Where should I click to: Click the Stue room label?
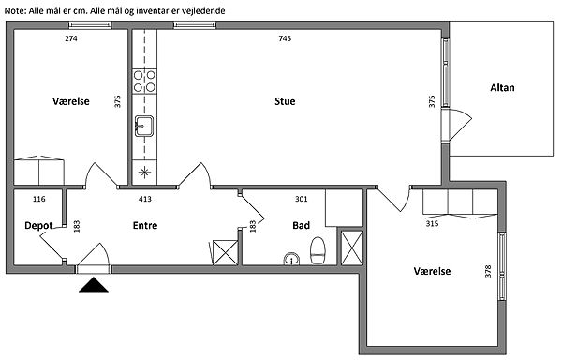click(285, 101)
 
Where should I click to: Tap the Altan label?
click(502, 88)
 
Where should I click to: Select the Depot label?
click(38, 226)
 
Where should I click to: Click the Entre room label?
click(145, 226)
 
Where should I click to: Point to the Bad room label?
click(301, 226)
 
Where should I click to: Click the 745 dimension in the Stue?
click(285, 38)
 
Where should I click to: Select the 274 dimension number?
click(71, 38)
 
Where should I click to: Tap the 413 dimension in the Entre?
click(145, 199)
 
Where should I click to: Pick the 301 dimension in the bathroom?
click(301, 199)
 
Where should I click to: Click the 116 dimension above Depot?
click(38, 199)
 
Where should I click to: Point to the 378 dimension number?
click(488, 271)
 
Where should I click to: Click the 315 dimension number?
click(432, 224)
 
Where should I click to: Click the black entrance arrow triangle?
click(94, 285)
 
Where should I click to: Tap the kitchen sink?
click(144, 126)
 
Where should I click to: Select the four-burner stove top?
click(144, 81)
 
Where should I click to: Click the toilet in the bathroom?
click(318, 250)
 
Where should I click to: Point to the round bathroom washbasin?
click(291, 260)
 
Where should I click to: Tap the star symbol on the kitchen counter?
click(144, 172)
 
